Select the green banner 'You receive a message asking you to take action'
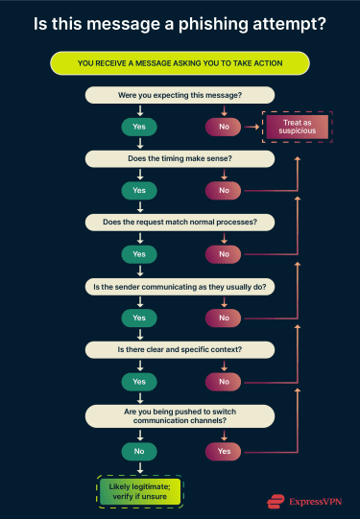180,64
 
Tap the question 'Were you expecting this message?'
180,96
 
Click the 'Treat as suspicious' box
298,127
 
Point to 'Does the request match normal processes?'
180,222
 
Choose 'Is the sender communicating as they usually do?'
180,286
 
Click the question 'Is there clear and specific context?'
180,349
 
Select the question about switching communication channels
180,415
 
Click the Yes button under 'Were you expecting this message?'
139,127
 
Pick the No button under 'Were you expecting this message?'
224,127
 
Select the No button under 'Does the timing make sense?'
224,190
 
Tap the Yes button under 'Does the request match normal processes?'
139,254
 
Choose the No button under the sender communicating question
224,318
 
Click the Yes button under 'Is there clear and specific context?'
139,382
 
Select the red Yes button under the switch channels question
224,450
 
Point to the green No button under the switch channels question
139,450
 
